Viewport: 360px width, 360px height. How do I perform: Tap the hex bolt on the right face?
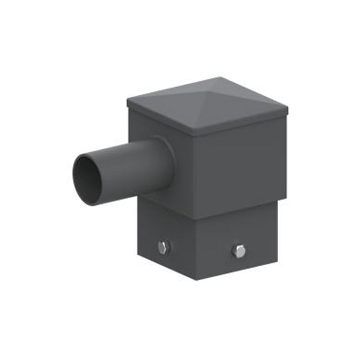239,251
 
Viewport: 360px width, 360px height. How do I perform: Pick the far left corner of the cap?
127,101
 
